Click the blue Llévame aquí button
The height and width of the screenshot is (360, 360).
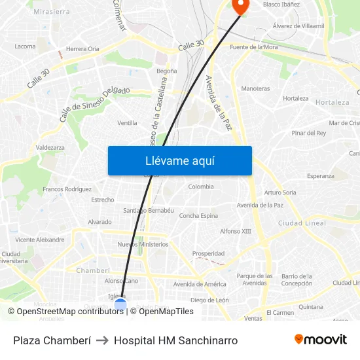click(x=179, y=160)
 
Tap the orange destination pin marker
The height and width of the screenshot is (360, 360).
click(x=240, y=6)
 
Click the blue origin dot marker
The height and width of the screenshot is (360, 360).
click(x=120, y=304)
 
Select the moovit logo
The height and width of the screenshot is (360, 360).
click(x=320, y=340)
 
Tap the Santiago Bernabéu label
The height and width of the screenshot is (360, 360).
click(x=149, y=210)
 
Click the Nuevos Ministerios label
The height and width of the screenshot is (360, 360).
click(x=143, y=244)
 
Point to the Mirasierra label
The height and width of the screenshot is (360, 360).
click(x=51, y=12)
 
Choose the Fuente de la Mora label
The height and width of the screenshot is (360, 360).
click(x=254, y=47)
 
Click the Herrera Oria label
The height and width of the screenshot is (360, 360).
click(x=82, y=49)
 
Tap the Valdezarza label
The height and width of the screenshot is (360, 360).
click(x=50, y=147)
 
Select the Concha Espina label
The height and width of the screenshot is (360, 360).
click(x=198, y=215)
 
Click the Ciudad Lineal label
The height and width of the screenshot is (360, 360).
click(x=302, y=223)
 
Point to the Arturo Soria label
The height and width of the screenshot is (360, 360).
click(x=280, y=192)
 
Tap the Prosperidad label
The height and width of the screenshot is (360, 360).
click(x=208, y=253)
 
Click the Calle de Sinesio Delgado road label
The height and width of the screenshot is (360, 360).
click(x=95, y=103)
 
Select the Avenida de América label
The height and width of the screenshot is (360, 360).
click(x=200, y=284)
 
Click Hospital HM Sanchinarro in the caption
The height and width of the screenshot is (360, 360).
click(x=175, y=340)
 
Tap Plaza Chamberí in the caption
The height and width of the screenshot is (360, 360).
click(x=51, y=340)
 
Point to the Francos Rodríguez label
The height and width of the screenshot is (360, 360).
click(x=67, y=189)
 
